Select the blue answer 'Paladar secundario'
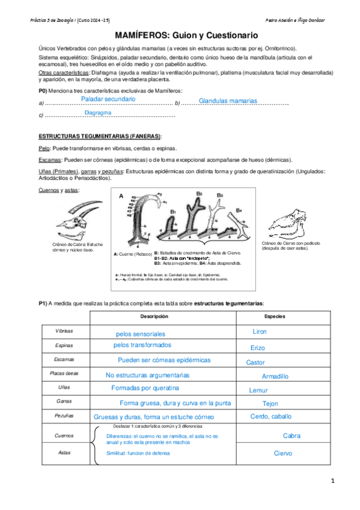(x=108, y=99)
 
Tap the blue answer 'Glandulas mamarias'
(x=228, y=101)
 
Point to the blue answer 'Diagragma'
(x=98, y=112)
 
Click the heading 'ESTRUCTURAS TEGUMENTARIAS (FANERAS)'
(x=100, y=137)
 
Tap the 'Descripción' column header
(x=154, y=316)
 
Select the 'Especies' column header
(x=275, y=316)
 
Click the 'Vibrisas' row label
(x=64, y=331)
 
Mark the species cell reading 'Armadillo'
(x=275, y=376)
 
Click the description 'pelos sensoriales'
(x=140, y=334)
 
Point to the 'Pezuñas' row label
(x=64, y=416)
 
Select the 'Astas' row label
(x=64, y=452)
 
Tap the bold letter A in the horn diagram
(x=120, y=196)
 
